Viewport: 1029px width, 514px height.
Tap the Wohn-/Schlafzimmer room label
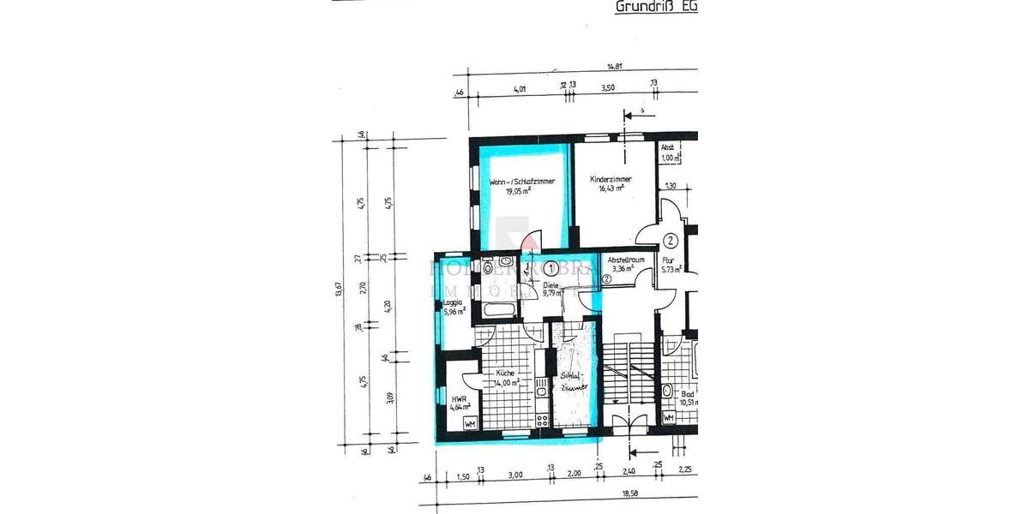[523, 182]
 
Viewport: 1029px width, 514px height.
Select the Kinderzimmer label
[611, 179]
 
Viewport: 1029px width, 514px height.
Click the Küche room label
[503, 374]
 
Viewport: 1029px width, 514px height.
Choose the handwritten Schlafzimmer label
[573, 381]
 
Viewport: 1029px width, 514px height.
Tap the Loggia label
[453, 302]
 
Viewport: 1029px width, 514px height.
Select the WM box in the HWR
[469, 424]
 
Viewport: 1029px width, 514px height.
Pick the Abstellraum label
[625, 259]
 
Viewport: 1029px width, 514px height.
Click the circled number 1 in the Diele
[551, 268]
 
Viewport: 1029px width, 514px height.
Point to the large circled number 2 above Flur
[671, 241]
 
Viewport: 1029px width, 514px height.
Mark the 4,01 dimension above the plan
[519, 88]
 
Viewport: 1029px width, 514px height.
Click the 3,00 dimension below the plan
[514, 474]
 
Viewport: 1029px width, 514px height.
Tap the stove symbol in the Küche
[542, 420]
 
